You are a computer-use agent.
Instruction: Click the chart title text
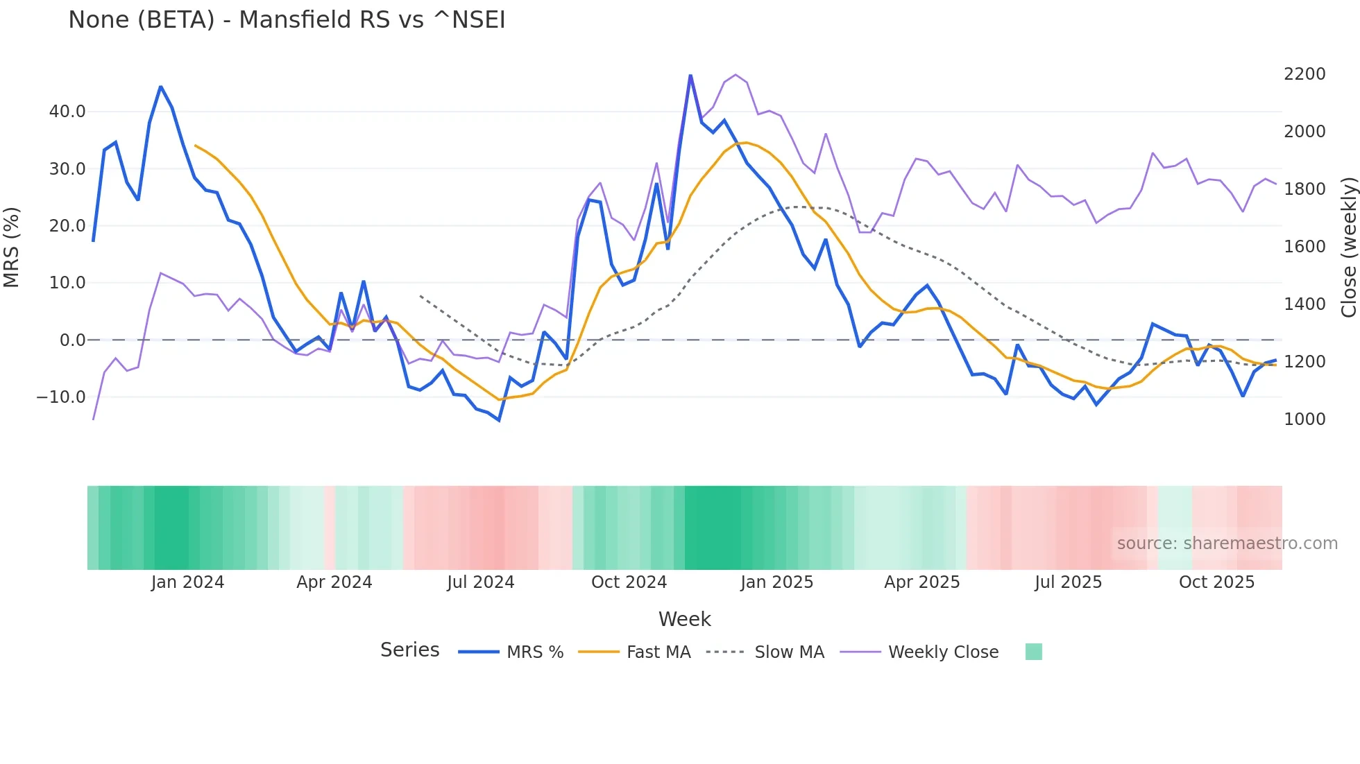click(x=287, y=20)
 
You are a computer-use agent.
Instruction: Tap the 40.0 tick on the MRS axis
click(x=67, y=112)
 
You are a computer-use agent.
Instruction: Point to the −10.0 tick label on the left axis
click(x=61, y=397)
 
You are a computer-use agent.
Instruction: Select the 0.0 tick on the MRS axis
click(x=72, y=340)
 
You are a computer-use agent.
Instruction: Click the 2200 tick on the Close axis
click(x=1304, y=74)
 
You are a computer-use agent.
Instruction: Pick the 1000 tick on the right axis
click(x=1304, y=419)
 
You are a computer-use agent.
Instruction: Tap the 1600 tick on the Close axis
click(x=1304, y=247)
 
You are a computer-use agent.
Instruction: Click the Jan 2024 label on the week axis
click(x=187, y=582)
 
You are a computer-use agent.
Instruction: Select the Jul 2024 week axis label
click(x=480, y=582)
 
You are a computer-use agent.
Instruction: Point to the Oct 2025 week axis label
click(x=1216, y=582)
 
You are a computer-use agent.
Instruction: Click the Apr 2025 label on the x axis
click(x=921, y=582)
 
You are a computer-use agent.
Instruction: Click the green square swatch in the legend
click(x=1033, y=652)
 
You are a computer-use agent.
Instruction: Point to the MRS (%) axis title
click(x=12, y=247)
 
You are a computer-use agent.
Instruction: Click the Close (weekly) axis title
click(x=1348, y=247)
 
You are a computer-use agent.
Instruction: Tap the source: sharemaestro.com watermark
click(x=1227, y=544)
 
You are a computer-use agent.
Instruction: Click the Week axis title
click(x=684, y=619)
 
